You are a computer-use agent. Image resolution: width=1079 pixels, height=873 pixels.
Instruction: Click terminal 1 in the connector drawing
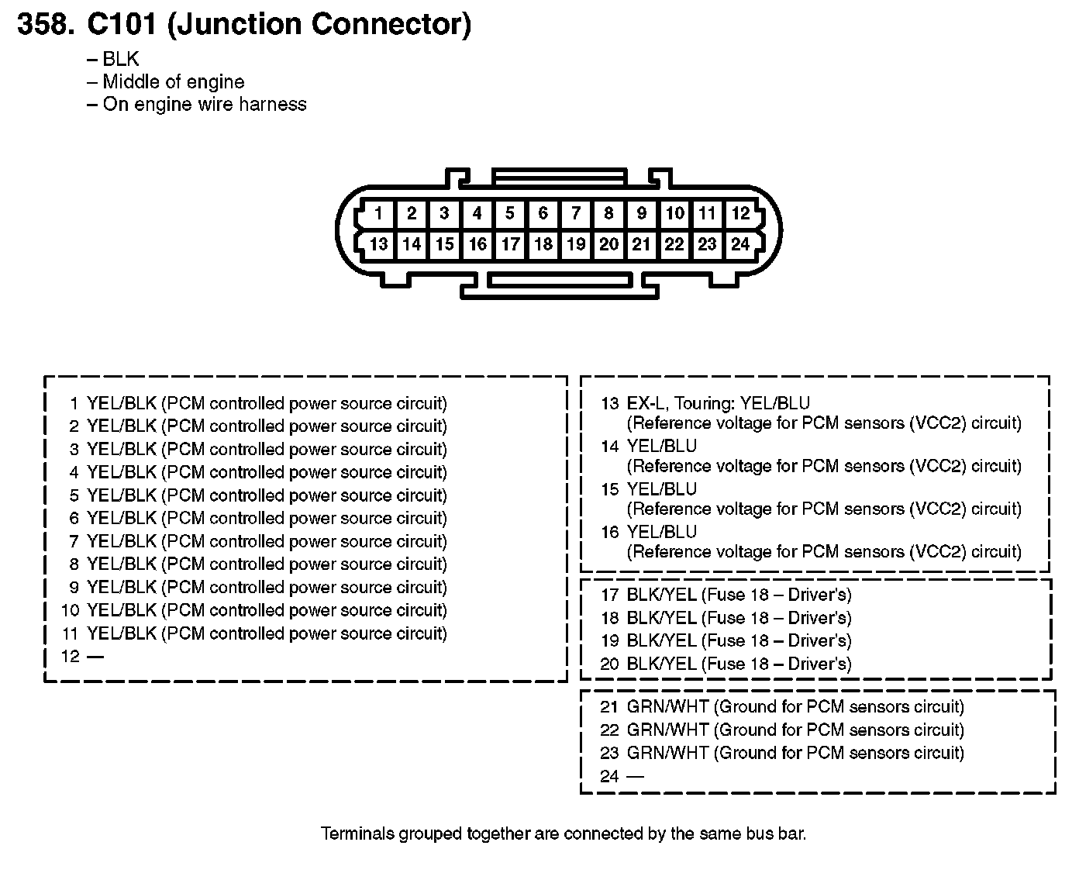pyautogui.click(x=378, y=213)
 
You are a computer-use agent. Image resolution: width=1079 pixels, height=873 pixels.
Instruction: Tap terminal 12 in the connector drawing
pyautogui.click(x=740, y=213)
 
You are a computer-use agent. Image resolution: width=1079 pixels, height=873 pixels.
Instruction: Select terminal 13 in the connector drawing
pyautogui.click(x=378, y=244)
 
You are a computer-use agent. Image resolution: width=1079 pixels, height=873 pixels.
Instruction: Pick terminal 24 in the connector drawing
pyautogui.click(x=740, y=244)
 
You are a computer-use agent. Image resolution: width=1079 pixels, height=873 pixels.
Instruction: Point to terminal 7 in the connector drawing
pyautogui.click(x=576, y=213)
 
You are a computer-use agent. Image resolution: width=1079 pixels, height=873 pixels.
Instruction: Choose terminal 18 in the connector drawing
pyautogui.click(x=543, y=244)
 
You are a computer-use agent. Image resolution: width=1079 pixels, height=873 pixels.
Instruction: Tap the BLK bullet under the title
pyautogui.click(x=120, y=60)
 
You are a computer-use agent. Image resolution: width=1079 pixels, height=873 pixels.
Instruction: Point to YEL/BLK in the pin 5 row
pyautogui.click(x=122, y=495)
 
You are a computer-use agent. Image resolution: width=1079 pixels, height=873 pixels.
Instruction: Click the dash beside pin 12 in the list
pyautogui.click(x=95, y=657)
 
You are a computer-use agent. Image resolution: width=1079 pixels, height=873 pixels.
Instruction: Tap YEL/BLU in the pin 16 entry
pyautogui.click(x=661, y=532)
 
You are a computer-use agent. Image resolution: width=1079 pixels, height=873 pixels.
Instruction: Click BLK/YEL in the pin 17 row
pyautogui.click(x=661, y=595)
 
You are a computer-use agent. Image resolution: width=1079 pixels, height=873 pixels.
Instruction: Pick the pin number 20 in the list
pyautogui.click(x=610, y=664)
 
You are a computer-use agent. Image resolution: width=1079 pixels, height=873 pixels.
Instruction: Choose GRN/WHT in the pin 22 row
pyautogui.click(x=667, y=730)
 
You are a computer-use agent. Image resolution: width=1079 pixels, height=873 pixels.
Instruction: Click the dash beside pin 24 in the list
pyautogui.click(x=636, y=776)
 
